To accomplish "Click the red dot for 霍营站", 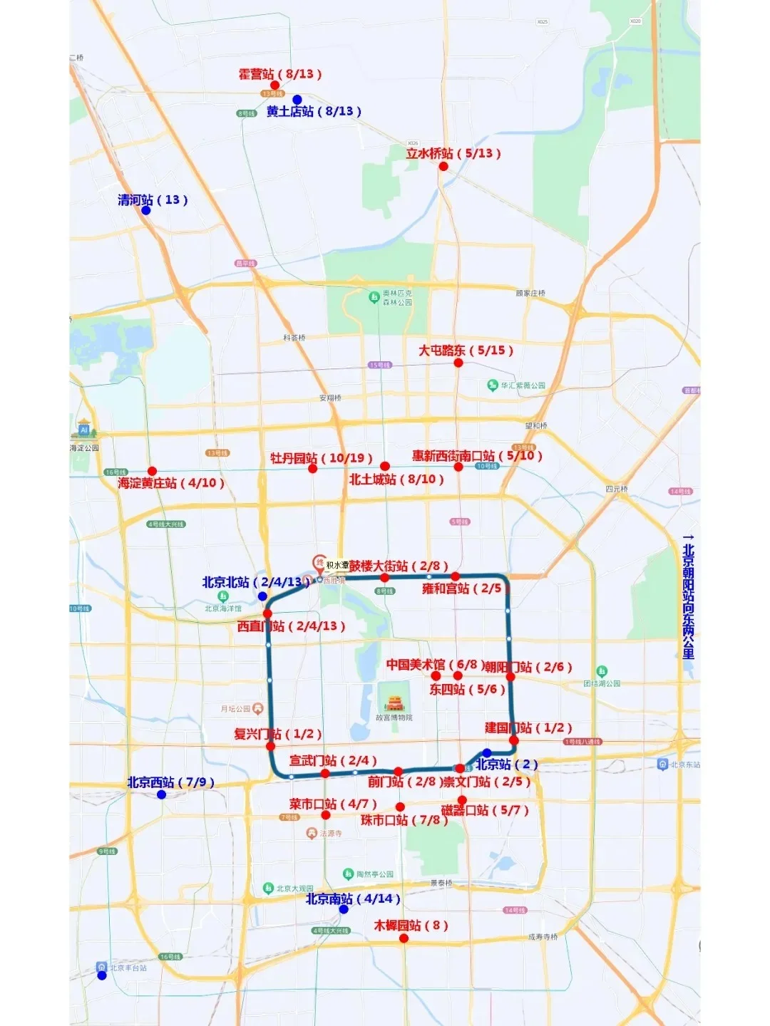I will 275,85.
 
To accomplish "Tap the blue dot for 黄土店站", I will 297,100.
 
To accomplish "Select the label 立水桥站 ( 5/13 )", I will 453,153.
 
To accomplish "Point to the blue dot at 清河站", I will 146,210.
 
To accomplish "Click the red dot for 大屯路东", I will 458,363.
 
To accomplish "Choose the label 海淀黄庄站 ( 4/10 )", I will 171,483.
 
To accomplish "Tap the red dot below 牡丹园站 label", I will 312,469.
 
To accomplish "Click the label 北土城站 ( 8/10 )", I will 396,480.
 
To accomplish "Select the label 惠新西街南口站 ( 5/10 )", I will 477,456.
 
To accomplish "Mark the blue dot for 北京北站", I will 262,596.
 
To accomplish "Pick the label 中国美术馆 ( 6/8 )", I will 432,665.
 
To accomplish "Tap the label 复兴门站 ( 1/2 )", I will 277,734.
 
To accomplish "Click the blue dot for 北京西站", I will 161,794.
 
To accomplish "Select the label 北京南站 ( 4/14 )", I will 353,899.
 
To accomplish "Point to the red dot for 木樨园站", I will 404,938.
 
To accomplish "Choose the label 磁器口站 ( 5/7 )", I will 485,810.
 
